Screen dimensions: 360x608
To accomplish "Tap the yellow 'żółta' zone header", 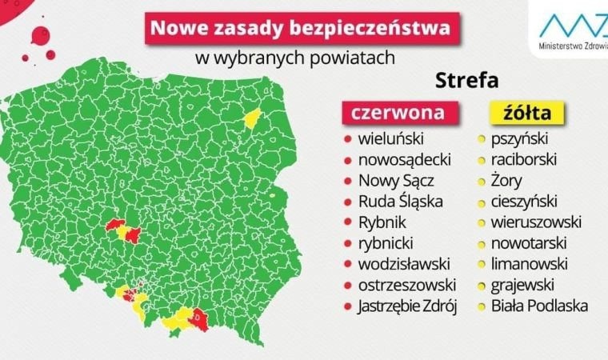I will pyautogui.click(x=521, y=112).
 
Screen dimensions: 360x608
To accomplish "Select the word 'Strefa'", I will pyautogui.click(x=467, y=81).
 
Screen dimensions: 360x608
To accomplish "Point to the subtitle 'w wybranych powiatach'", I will pyautogui.click(x=295, y=58).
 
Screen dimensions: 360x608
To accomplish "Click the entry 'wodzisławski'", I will pyautogui.click(x=404, y=264).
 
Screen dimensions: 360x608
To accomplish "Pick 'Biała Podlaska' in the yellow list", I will pyautogui.click(x=540, y=306).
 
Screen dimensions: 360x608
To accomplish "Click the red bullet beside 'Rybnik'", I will pyautogui.click(x=346, y=223).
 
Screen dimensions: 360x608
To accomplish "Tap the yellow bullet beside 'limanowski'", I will pyautogui.click(x=481, y=264).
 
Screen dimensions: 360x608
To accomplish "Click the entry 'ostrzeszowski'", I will pyautogui.click(x=407, y=285).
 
